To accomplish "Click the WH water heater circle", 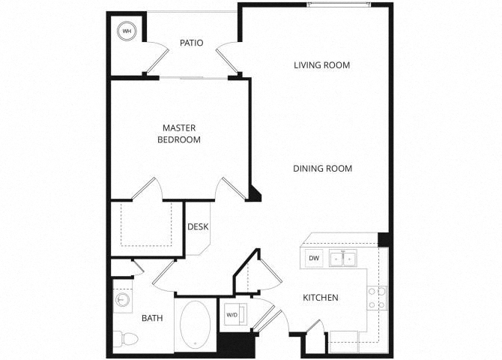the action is (127, 31).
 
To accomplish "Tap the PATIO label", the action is (192, 43).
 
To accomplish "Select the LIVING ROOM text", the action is (321, 65).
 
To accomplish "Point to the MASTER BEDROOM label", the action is (179, 133).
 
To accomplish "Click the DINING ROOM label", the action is (322, 169).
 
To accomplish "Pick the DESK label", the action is (198, 227).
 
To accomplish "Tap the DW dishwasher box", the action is (314, 258).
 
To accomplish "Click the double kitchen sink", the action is (343, 258).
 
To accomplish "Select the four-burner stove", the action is (377, 298).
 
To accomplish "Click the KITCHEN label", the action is (321, 298).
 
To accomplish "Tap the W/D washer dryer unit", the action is (235, 314).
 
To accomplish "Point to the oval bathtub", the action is (196, 325).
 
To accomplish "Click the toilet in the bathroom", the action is (126, 339).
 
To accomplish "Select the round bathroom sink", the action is (122, 300).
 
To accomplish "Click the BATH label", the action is (152, 318).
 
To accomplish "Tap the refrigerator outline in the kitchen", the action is (343, 342).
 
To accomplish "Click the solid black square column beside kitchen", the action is (383, 240).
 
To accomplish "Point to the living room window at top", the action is (339, 4).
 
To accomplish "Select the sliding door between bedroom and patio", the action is (193, 77).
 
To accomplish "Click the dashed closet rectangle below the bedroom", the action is (146, 223).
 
